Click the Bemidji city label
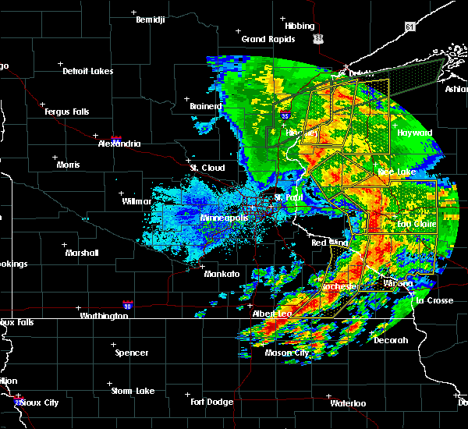point(151,20)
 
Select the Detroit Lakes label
point(87,71)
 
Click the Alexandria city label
point(119,144)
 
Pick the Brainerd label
point(206,106)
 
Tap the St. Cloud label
point(207,168)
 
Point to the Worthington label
point(104,316)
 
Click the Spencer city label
point(132,353)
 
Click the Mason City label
point(286,353)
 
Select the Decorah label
point(391,340)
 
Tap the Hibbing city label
point(300,26)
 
